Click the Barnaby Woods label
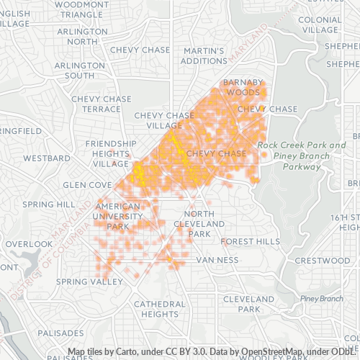click(243, 87)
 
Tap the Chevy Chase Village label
click(164, 120)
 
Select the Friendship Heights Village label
click(111, 153)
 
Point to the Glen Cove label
click(87, 184)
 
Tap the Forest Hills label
click(251, 241)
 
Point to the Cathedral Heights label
click(155, 309)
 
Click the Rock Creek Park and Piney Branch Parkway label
click(302, 156)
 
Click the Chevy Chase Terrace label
click(102, 104)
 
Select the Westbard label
click(46, 157)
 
